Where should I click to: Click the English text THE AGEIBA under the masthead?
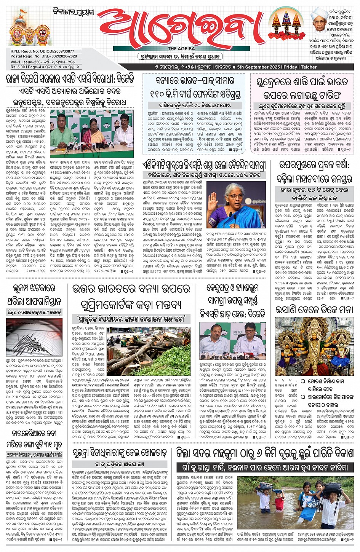point(181,49)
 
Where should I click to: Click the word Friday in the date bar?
point(290,67)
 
